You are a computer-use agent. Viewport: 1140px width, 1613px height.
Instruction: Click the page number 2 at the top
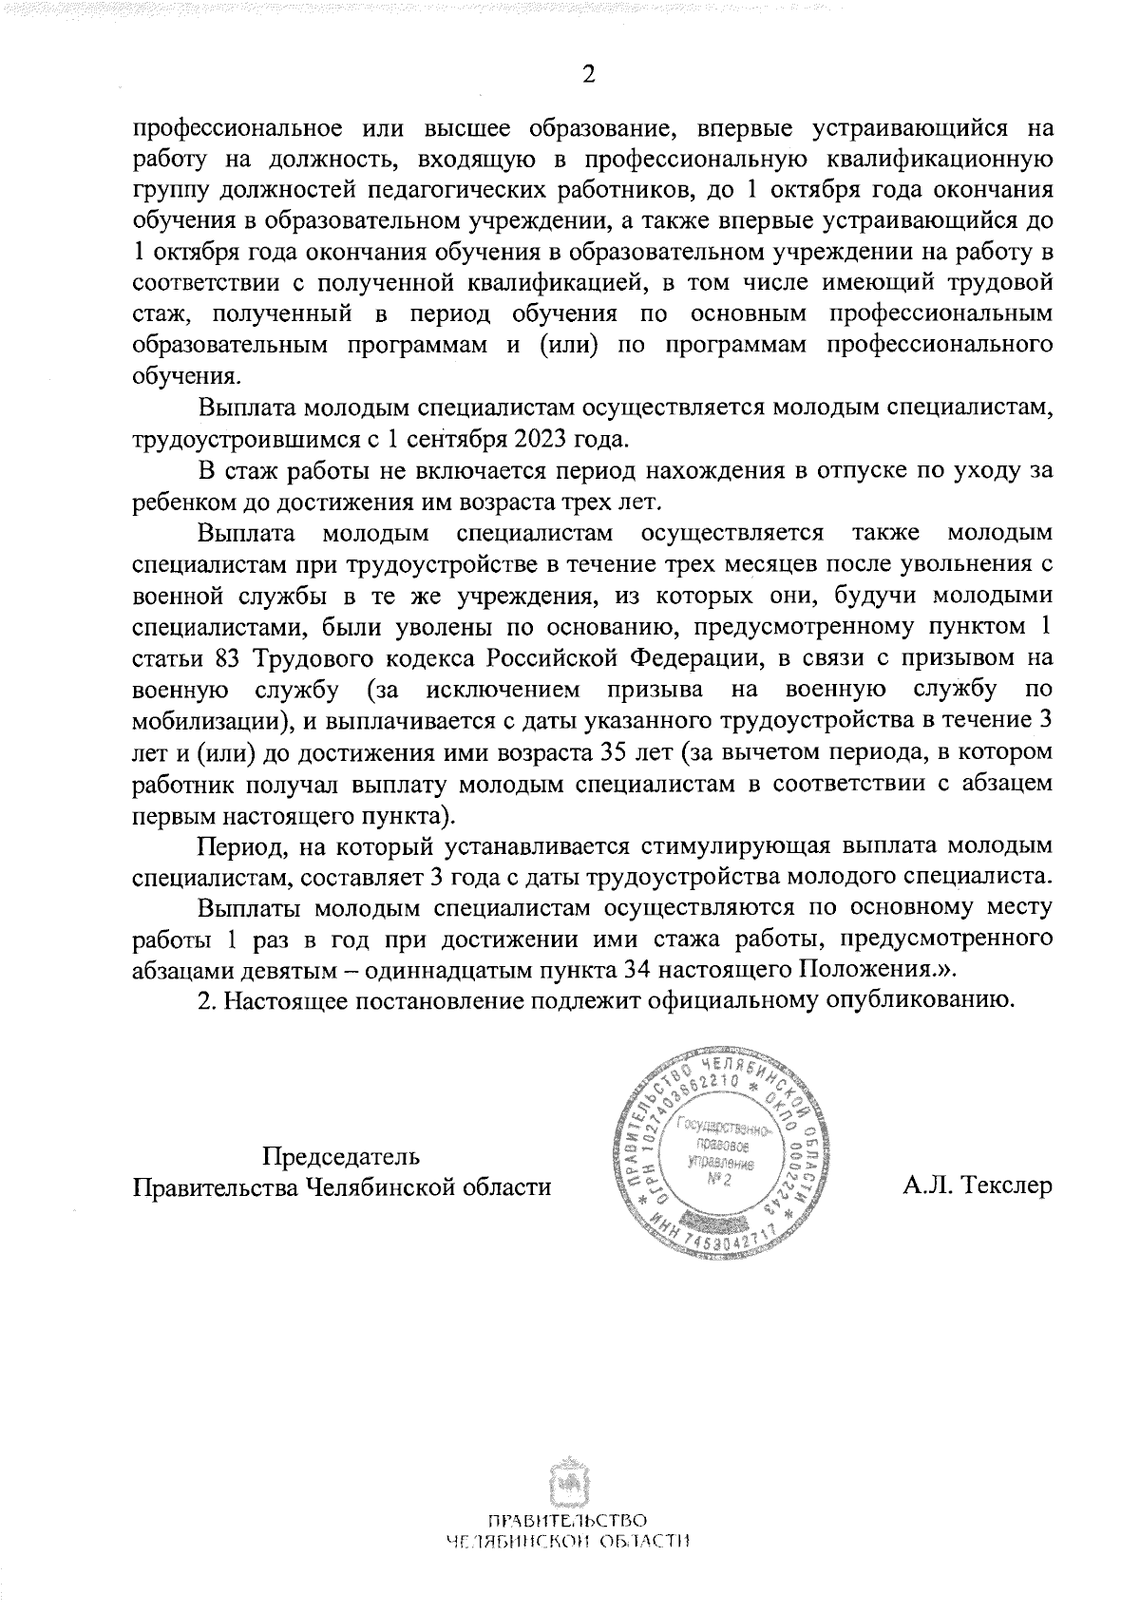[588, 75]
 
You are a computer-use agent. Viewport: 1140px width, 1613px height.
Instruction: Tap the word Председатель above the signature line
[341, 1157]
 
